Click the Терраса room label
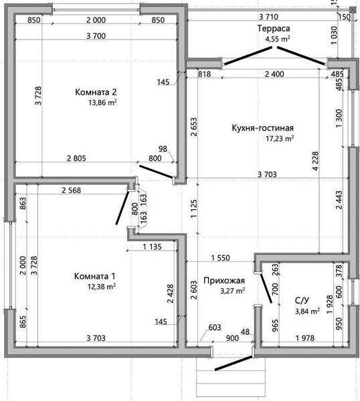pyautogui.click(x=274, y=28)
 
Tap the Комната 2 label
pyautogui.click(x=96, y=92)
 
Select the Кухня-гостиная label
pyautogui.click(x=263, y=128)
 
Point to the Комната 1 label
pyautogui.click(x=95, y=276)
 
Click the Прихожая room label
pyautogui.click(x=224, y=281)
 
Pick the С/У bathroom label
pyautogui.click(x=302, y=300)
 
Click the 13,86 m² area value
pyautogui.click(x=102, y=102)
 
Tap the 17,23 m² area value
pyautogui.click(x=280, y=138)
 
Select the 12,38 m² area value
pyautogui.click(x=102, y=287)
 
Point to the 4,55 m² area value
pyautogui.click(x=278, y=39)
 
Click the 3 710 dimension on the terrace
pyautogui.click(x=268, y=17)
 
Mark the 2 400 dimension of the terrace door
pyautogui.click(x=274, y=74)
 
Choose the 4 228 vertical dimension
pyautogui.click(x=315, y=161)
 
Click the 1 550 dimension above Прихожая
pyautogui.click(x=220, y=258)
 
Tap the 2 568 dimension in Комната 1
pyautogui.click(x=71, y=190)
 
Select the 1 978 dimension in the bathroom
pyautogui.click(x=304, y=338)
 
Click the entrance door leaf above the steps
pyautogui.click(x=234, y=363)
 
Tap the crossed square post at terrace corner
pyautogui.click(x=353, y=10)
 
